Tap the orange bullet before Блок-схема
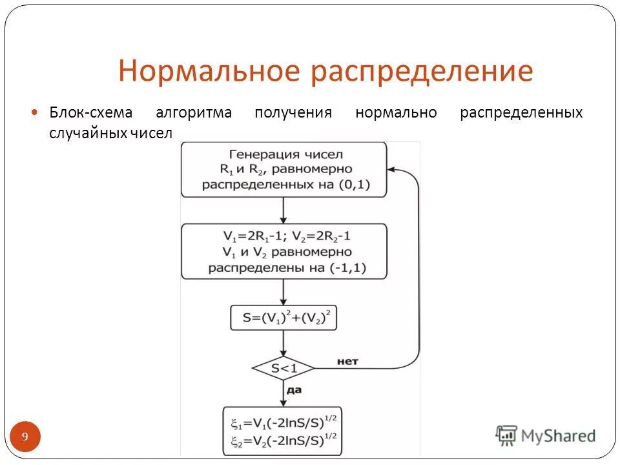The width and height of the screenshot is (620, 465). pos(36,112)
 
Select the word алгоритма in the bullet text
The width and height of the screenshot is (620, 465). pos(193,113)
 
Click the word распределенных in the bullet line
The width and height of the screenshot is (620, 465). pos(521,113)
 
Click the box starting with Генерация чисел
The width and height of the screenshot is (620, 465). pos(284,169)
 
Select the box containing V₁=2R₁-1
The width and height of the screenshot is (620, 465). pos(284,251)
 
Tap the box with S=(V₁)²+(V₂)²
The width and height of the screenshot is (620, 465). pos(284,318)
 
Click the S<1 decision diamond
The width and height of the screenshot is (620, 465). pos(284,369)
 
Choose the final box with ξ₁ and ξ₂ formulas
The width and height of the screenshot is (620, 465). pos(283,431)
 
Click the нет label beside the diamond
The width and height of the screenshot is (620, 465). pos(347,361)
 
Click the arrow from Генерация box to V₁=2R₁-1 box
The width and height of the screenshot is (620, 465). pos(284,210)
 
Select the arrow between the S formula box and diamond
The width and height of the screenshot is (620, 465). pos(284,342)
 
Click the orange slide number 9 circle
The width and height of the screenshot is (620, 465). pos(25,437)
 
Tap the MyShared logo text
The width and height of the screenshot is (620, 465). pos(559,436)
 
